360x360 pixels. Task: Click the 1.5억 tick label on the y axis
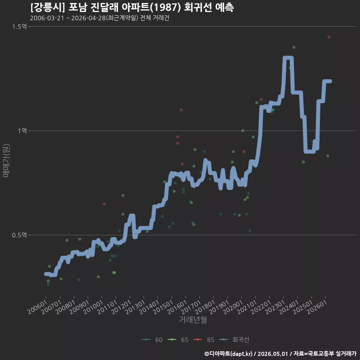click(19, 27)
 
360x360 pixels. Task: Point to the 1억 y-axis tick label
click(22, 131)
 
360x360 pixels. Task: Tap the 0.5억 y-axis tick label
click(19, 235)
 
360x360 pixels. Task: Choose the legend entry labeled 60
click(153, 340)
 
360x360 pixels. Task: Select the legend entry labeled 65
click(178, 340)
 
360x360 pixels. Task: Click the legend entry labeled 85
click(204, 340)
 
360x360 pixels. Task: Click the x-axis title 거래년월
click(193, 319)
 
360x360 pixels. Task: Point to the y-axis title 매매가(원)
click(6, 161)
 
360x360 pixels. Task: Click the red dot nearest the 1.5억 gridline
click(329, 37)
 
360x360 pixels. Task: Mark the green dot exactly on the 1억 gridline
click(243, 131)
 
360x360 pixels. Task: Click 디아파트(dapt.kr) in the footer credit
click(231, 354)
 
